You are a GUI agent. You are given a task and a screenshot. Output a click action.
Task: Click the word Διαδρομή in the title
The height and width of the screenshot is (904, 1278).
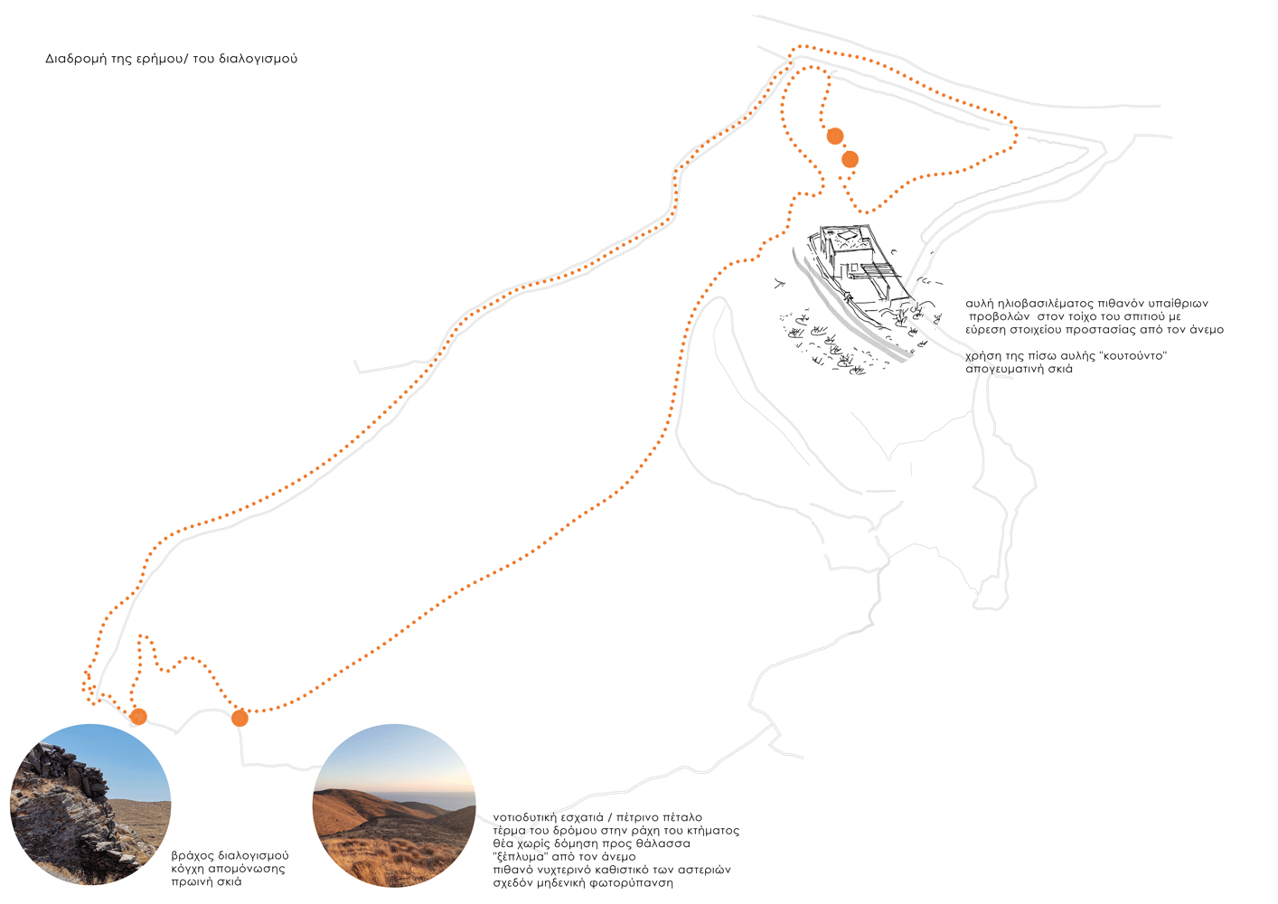coord(76,60)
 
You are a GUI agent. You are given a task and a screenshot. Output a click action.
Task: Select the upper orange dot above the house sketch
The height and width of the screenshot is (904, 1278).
coord(835,136)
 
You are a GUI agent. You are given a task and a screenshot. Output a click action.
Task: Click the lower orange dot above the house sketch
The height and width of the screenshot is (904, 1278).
coord(850,159)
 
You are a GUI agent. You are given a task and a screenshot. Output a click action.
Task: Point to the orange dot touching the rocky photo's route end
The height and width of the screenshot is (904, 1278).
coord(138,716)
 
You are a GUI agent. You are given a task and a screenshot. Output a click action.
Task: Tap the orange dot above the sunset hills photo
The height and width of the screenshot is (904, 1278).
coord(240,718)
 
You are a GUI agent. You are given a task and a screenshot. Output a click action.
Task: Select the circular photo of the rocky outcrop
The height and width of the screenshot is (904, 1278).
coord(90,805)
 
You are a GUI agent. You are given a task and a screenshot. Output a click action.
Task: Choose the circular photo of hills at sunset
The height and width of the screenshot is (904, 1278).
coord(394,805)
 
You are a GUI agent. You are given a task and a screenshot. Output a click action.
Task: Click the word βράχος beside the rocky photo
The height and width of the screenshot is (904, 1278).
coord(193,856)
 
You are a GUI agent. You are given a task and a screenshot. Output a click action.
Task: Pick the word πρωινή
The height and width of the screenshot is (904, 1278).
coord(190,882)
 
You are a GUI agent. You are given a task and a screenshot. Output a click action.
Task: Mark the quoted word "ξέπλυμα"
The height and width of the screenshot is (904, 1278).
coord(518,857)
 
